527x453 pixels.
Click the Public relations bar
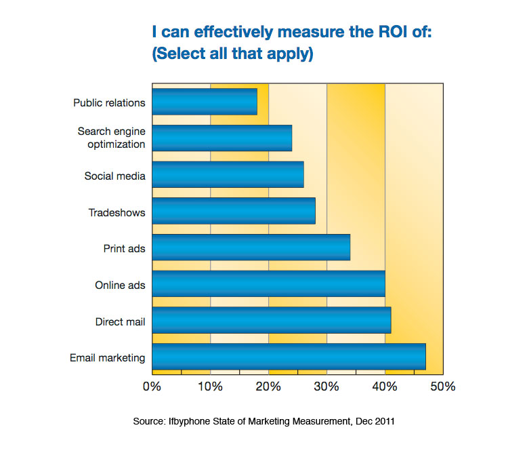(205, 102)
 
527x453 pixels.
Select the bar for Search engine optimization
(222, 138)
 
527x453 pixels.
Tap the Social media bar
(228, 175)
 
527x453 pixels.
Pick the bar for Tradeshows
(234, 211)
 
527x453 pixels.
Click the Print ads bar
(251, 248)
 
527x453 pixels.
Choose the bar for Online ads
(268, 284)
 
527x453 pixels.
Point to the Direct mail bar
(271, 320)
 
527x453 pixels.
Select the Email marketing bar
(289, 357)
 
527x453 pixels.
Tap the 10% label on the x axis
(210, 387)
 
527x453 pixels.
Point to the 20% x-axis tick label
(268, 387)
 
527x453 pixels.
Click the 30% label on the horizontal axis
(326, 387)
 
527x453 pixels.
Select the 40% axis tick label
(385, 387)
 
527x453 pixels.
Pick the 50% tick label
(443, 387)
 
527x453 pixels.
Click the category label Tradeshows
(117, 213)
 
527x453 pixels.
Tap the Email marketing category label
(107, 357)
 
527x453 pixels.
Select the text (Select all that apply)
(232, 54)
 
